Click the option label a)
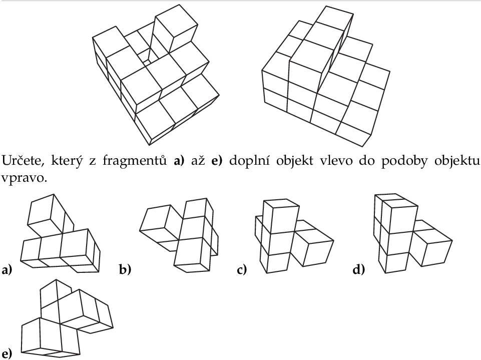[7, 270]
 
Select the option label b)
[125, 270]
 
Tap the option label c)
[242, 270]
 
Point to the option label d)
[359, 270]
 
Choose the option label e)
[7, 353]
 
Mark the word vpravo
[24, 178]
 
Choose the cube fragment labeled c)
[294, 236]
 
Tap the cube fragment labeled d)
[412, 233]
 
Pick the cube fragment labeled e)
[67, 318]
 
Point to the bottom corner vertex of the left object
[150, 145]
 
